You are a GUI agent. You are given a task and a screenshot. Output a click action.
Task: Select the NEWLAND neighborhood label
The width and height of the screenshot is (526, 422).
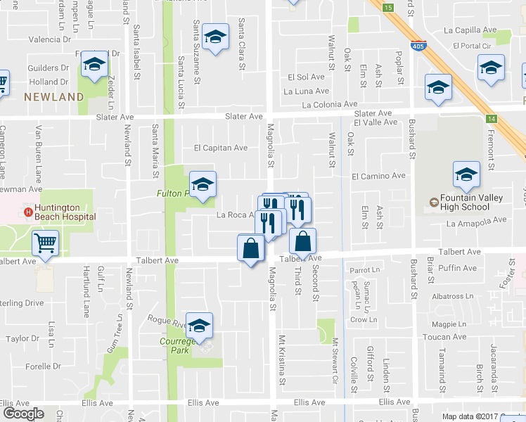click(x=54, y=97)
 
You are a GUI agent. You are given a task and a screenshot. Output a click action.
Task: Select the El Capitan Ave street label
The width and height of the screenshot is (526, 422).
click(x=221, y=148)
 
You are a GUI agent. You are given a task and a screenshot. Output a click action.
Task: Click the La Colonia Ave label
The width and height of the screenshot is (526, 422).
click(x=330, y=104)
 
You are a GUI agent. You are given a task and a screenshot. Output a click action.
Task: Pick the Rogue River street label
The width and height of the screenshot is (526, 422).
click(x=167, y=320)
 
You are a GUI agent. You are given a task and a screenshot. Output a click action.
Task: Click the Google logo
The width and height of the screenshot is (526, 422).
click(x=23, y=414)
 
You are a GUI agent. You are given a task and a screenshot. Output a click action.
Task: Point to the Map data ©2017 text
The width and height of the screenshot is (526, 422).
click(x=468, y=416)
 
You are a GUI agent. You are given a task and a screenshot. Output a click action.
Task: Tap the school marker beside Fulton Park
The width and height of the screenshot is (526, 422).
click(x=203, y=186)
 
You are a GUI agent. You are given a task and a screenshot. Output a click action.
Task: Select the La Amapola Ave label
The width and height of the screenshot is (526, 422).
click(x=476, y=221)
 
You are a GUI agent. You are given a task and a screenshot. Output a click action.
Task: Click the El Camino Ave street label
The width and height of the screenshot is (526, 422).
click(x=378, y=175)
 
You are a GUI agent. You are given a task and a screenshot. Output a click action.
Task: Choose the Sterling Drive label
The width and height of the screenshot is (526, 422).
click(x=21, y=302)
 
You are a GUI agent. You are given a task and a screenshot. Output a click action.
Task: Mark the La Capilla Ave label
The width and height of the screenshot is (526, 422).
click(x=470, y=30)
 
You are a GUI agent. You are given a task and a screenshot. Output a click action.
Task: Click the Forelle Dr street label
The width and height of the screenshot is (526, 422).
click(x=42, y=366)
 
